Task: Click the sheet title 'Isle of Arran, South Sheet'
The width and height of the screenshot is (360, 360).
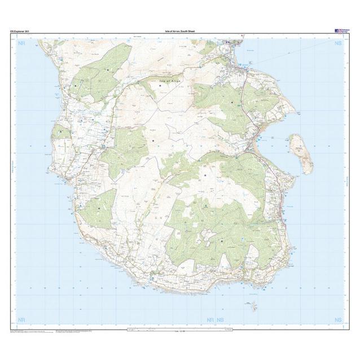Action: point(180,32)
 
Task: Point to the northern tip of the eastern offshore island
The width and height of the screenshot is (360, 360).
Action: point(294,135)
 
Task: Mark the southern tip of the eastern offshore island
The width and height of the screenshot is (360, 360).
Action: point(309,172)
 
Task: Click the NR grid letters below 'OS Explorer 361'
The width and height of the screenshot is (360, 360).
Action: point(22,43)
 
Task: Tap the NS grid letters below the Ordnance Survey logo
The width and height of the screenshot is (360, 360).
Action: point(338,43)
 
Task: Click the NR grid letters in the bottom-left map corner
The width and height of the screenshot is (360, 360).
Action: point(22,319)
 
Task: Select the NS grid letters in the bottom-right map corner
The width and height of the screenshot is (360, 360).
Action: point(338,319)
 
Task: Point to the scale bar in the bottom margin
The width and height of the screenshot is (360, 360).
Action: point(180,328)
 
